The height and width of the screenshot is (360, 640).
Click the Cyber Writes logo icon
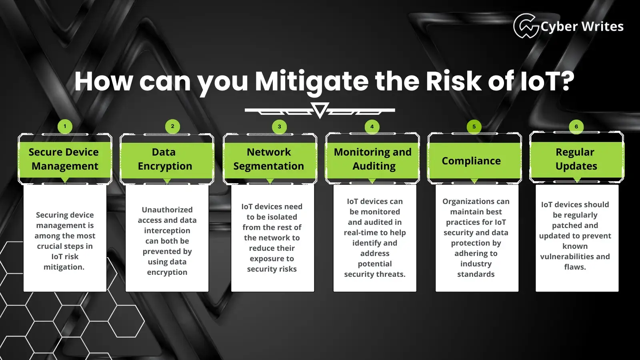click(526, 26)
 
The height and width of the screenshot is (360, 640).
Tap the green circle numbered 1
click(65, 126)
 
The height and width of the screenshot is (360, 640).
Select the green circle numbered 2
click(172, 126)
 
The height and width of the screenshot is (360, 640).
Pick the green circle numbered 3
click(280, 126)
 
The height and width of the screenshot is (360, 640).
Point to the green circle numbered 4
click(372, 126)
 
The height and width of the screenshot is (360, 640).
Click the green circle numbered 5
click(474, 126)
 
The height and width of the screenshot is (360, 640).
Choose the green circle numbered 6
click(576, 126)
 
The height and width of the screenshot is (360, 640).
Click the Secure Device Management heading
click(64, 159)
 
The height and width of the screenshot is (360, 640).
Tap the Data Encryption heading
click(165, 159)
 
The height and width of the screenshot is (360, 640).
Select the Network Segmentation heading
click(268, 159)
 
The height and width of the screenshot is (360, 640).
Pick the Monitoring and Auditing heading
click(373, 159)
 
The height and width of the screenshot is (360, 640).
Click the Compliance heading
click(471, 161)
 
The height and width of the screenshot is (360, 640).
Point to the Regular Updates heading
click(576, 159)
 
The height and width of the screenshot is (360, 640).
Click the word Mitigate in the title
click(312, 82)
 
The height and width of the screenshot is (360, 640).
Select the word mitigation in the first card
click(64, 267)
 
